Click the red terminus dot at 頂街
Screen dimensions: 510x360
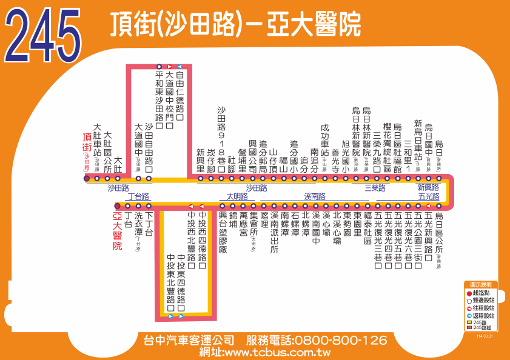(87, 178)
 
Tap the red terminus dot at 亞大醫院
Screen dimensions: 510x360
(118, 206)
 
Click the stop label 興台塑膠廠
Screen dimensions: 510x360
(223, 232)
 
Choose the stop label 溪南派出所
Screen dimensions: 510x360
(274, 232)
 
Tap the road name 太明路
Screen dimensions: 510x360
(237, 196)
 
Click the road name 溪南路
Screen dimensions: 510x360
(315, 196)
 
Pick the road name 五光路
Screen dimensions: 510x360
(429, 196)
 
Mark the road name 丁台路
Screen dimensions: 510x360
(138, 196)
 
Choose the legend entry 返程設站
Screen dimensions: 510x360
(483, 316)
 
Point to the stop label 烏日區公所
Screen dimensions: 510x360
(439, 237)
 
